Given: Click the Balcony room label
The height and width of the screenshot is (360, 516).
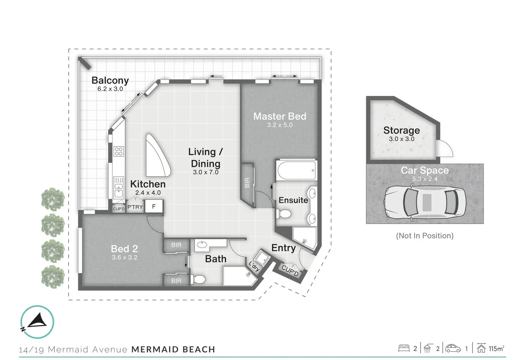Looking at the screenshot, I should point(110,81).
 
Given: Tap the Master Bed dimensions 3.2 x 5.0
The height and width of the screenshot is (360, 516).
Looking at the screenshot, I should point(279,125).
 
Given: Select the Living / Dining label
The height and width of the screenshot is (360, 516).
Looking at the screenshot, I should point(205,158).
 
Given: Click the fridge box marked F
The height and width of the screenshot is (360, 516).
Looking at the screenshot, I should point(154,206).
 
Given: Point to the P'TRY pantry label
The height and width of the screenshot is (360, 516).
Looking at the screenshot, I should point(135,207).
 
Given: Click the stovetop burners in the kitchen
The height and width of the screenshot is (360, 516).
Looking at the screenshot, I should point(119,151).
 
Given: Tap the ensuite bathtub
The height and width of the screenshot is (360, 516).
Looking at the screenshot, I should point(296,170).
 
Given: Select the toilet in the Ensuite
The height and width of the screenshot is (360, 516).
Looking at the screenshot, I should point(284,214).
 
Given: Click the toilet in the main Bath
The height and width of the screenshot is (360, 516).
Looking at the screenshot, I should point(199,279).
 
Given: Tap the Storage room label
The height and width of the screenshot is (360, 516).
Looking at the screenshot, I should point(401,130).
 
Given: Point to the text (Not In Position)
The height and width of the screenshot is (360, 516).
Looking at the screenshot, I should point(425,236).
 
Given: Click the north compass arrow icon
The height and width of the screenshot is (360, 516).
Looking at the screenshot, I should point(37,322).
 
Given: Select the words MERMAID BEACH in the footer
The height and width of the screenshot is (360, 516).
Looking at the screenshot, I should point(173,350).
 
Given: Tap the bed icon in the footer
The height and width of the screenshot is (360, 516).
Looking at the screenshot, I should point(404,348).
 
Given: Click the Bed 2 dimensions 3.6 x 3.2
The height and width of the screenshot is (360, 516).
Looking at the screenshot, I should point(124,258).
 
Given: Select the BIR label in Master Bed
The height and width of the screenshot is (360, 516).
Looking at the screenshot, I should point(247,182).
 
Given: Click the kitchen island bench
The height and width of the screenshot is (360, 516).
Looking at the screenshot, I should point(157,155).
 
